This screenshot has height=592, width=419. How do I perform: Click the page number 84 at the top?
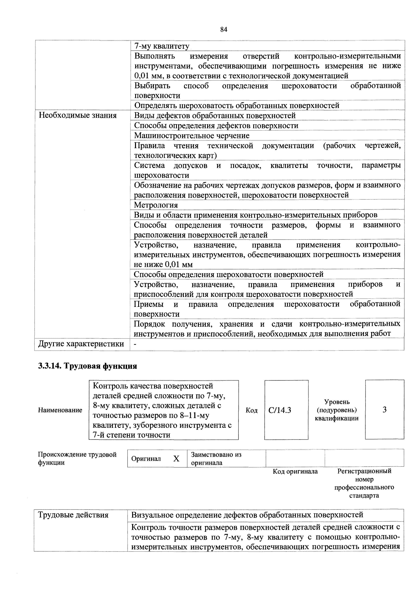pyautogui.click(x=224, y=30)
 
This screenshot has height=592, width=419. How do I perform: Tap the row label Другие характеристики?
pyautogui.click(x=81, y=344)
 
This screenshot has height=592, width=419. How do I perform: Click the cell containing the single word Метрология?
pyautogui.click(x=156, y=205)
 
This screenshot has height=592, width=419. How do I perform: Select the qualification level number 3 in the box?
pyautogui.click(x=384, y=409)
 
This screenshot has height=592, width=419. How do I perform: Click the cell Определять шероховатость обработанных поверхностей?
pyautogui.click(x=237, y=105)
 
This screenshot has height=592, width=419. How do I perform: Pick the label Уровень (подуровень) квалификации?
pyautogui.click(x=337, y=410)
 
